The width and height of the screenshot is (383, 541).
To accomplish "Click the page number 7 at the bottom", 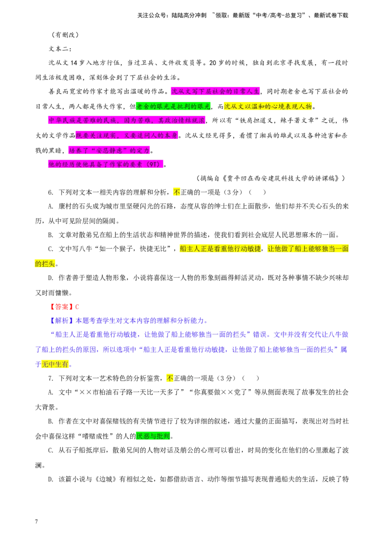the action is coord(36,521).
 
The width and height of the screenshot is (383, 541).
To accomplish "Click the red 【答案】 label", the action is coord(61,307).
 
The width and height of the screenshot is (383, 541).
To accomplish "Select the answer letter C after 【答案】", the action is coord(77,307).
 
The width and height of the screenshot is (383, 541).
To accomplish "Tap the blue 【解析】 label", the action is coord(61,321).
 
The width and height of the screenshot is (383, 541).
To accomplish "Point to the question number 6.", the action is coord(51,192).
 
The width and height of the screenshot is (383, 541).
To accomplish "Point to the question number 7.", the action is coord(51,379).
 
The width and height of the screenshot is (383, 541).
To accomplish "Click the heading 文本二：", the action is coord(60,49).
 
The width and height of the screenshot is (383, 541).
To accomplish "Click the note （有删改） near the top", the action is coord(65,34).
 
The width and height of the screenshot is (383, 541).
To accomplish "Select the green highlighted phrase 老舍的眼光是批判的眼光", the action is coord(173,106).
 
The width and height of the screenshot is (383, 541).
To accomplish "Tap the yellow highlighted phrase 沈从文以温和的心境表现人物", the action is coord(268,106).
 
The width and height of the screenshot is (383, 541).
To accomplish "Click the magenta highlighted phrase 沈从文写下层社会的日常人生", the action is coord(215,91).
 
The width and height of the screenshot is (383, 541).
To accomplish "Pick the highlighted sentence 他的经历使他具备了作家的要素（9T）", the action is coord(105,164).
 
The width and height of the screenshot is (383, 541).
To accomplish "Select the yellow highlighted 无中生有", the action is coord(55,364).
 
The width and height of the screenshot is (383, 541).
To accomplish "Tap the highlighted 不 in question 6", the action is coord(177,192).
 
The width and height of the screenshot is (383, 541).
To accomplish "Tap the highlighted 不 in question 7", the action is coord(170,379).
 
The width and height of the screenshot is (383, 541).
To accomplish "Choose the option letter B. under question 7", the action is coord(51,421).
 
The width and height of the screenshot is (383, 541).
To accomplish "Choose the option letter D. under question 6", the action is coord(51,278).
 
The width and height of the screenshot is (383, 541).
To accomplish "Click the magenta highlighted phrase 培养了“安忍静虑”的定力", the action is coord(109,151).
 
